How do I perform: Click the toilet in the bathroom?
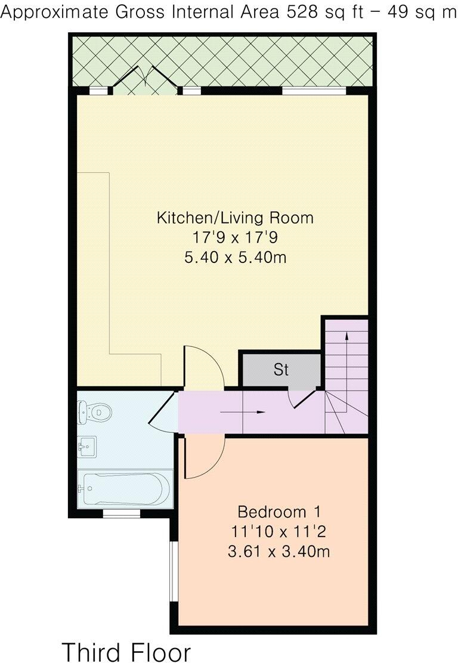click(x=95, y=411)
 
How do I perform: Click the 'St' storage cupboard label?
click(x=281, y=370)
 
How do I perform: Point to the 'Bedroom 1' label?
click(x=279, y=512)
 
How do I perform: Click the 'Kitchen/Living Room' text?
click(x=234, y=218)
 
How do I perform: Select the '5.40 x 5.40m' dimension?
click(x=234, y=258)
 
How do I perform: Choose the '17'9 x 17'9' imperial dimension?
click(x=234, y=238)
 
